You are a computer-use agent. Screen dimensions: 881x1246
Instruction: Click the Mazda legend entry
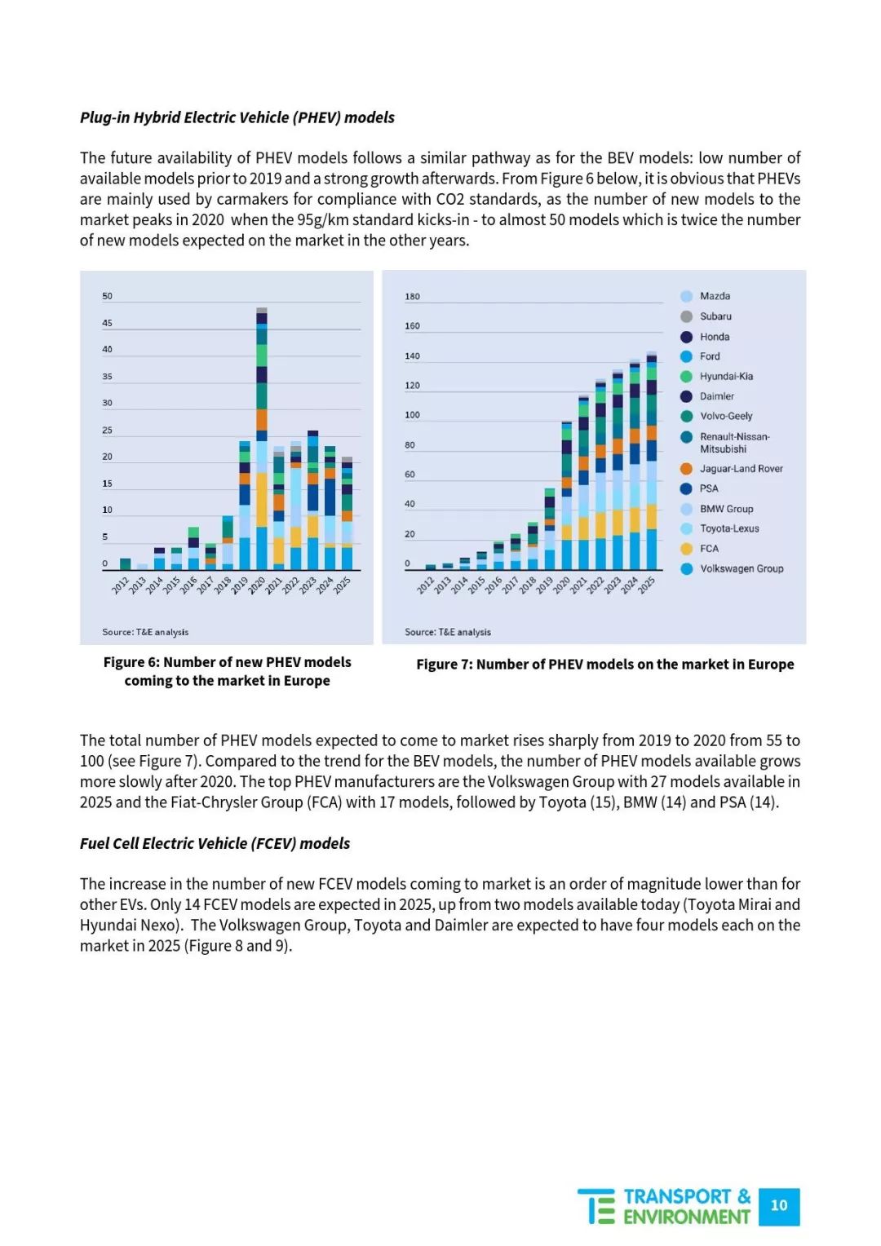click(x=705, y=296)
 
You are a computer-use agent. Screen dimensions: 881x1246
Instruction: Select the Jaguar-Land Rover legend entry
click(x=731, y=468)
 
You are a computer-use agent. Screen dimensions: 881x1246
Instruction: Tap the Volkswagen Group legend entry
click(x=732, y=568)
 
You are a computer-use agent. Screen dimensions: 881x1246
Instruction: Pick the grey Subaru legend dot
click(x=687, y=316)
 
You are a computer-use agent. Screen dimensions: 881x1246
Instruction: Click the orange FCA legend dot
click(x=687, y=549)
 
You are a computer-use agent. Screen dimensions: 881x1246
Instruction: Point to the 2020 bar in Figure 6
click(x=262, y=439)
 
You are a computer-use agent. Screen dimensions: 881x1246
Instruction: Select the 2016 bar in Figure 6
click(x=193, y=549)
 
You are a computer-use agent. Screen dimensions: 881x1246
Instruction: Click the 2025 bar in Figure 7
click(x=651, y=461)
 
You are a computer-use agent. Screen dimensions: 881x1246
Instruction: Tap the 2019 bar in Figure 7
click(x=549, y=529)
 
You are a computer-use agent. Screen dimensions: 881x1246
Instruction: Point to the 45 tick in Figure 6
click(x=107, y=323)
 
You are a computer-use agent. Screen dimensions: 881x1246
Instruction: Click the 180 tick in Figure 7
click(x=412, y=297)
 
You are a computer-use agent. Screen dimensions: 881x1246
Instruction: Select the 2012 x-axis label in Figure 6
click(x=120, y=585)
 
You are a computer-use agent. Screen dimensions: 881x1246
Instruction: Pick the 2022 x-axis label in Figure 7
click(x=596, y=585)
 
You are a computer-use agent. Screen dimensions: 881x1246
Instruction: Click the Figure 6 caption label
click(x=227, y=671)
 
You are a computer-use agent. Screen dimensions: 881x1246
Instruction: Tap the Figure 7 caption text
click(x=605, y=664)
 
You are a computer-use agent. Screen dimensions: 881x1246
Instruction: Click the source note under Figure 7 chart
click(x=448, y=632)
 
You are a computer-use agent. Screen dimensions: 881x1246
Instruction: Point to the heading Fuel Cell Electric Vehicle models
click(x=215, y=843)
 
